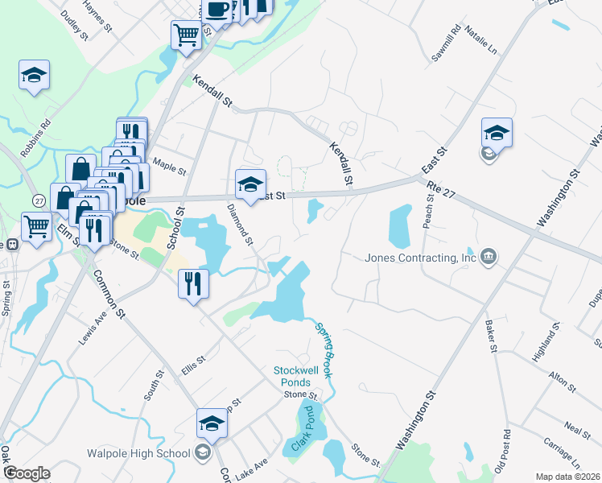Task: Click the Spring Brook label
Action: [x=324, y=351]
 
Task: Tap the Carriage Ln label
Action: [x=561, y=454]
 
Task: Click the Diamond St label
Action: [x=240, y=225]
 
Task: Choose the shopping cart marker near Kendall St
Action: [x=186, y=35]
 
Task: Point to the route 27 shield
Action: [x=38, y=200]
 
